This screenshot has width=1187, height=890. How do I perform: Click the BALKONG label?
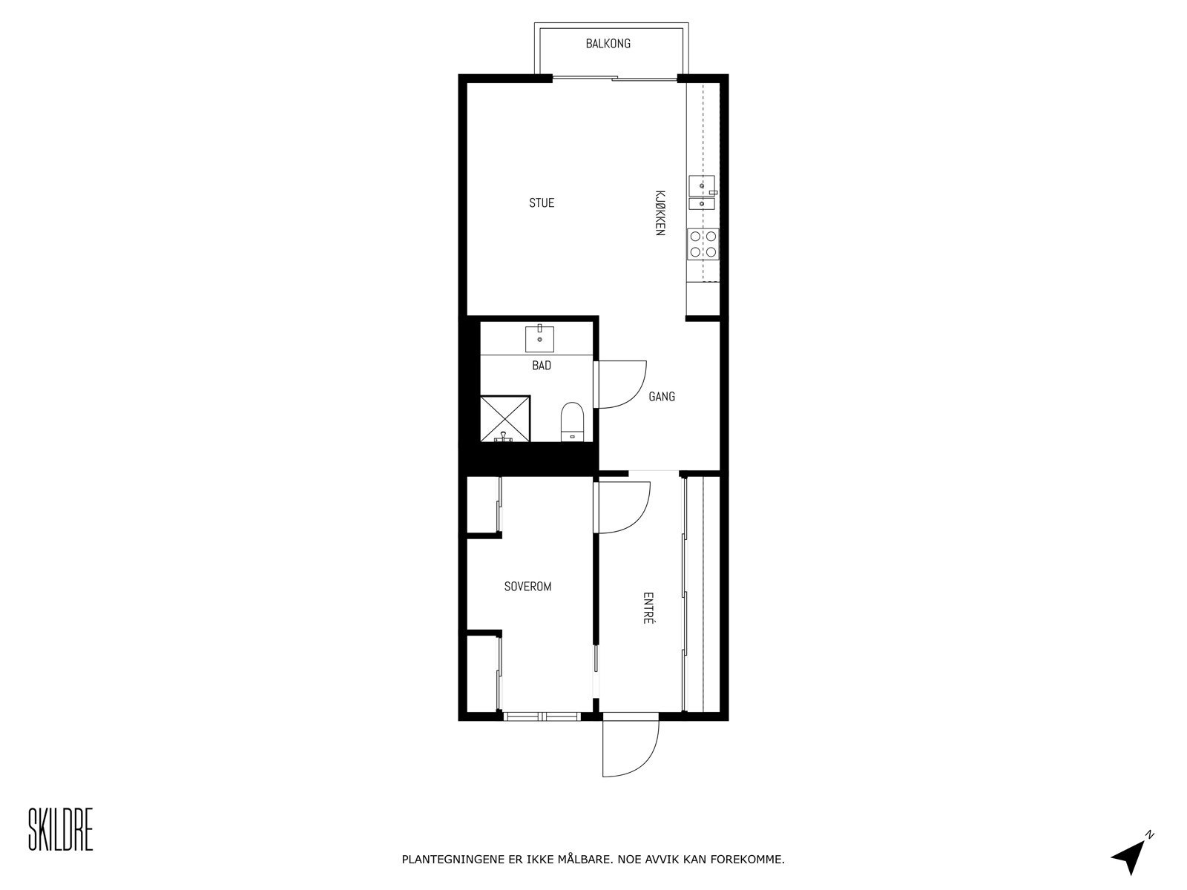click(x=608, y=44)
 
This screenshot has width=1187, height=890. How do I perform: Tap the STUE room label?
click(x=542, y=202)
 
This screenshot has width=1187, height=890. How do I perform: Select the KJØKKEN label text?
click(x=659, y=212)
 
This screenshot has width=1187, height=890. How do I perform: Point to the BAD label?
click(x=542, y=366)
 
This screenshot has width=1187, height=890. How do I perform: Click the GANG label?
click(x=662, y=397)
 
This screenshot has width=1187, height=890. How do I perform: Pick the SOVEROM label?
click(x=527, y=587)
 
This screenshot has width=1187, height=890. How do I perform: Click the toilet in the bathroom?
click(x=572, y=421)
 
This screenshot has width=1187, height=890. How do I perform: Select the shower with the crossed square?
click(x=505, y=419)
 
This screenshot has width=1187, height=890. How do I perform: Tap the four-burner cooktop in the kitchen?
click(x=703, y=244)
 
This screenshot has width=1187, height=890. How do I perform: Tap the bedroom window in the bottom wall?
click(x=542, y=716)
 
